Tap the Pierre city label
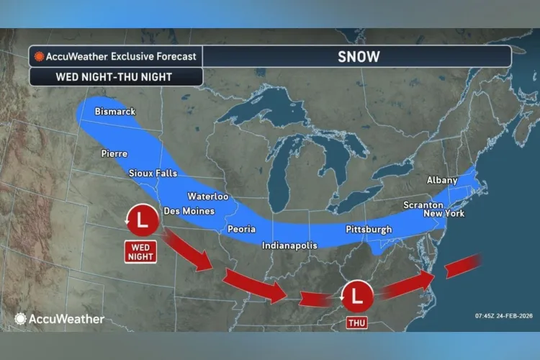114,153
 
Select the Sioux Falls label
151,174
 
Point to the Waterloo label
207,196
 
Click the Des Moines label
189,211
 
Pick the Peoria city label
241,228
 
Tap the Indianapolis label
289,246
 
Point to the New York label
444,214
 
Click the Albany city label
442,180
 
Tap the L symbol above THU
357,296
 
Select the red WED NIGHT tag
140,251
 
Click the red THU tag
356,323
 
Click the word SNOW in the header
358,55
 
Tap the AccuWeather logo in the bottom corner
59,318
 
